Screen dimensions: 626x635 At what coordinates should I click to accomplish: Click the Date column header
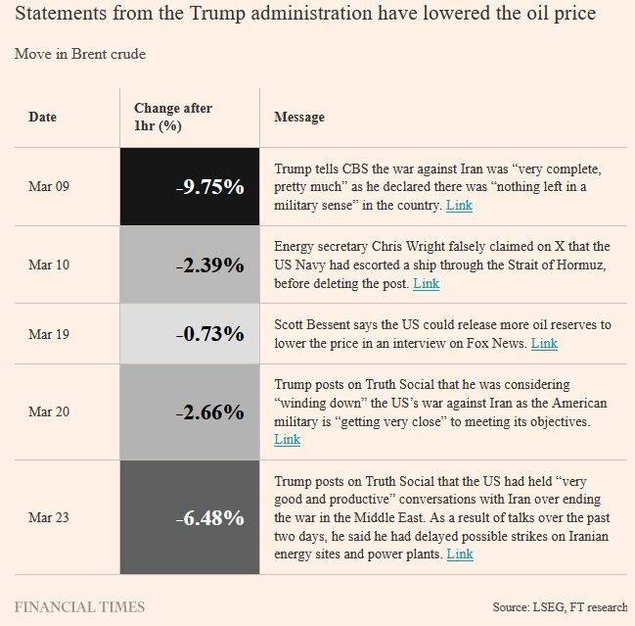42,118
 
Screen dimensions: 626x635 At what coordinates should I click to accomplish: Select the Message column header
298,118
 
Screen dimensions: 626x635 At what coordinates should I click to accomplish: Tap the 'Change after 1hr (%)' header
173,118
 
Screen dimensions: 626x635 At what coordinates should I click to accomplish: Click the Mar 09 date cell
49,186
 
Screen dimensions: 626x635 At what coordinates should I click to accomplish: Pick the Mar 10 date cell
49,265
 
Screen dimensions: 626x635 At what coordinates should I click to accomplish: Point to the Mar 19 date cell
49,334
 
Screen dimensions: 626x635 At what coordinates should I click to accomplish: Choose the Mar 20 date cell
49,412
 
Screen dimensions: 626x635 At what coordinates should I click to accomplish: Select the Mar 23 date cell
49,517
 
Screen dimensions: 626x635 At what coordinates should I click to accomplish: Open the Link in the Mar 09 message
459,206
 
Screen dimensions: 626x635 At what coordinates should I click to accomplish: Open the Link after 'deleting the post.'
426,284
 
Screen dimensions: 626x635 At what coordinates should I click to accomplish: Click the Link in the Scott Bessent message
544,344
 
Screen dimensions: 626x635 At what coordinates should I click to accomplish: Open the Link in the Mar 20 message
288,440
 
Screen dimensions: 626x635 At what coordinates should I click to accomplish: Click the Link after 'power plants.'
460,554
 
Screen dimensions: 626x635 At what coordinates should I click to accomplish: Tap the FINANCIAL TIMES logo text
79,606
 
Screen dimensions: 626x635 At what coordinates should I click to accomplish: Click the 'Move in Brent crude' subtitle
79,54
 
